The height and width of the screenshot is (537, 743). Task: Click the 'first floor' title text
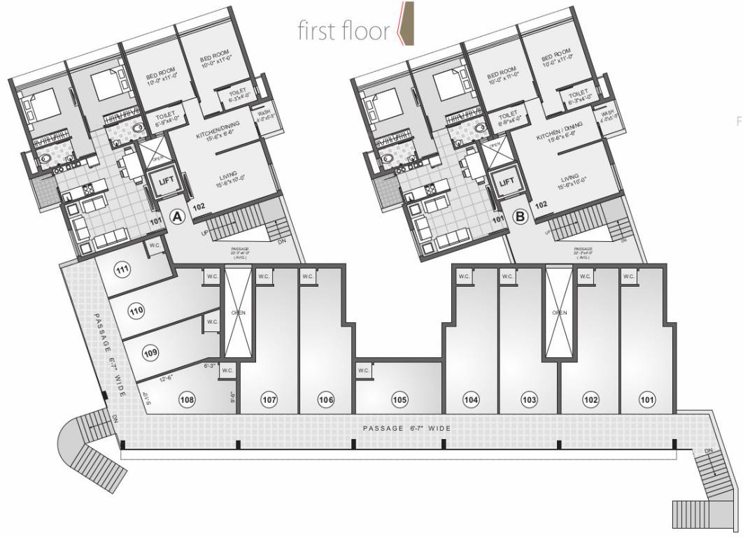click(342, 31)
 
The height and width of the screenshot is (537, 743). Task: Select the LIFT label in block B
click(507, 182)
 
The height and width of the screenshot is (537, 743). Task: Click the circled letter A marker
click(178, 217)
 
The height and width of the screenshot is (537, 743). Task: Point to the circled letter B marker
click(521, 217)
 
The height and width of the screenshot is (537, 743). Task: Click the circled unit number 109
click(150, 354)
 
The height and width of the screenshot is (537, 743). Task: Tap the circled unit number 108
click(186, 400)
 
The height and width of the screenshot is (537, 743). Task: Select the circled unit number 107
click(269, 400)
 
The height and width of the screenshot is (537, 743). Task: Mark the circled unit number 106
click(326, 400)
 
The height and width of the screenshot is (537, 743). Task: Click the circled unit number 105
click(399, 400)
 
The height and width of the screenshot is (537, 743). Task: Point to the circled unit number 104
click(471, 400)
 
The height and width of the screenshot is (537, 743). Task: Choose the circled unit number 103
click(529, 400)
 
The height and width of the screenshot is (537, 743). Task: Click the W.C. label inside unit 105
click(363, 370)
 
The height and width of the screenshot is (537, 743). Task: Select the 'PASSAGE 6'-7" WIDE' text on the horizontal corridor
click(406, 427)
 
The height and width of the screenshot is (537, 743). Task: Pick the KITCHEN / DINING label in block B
click(563, 134)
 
